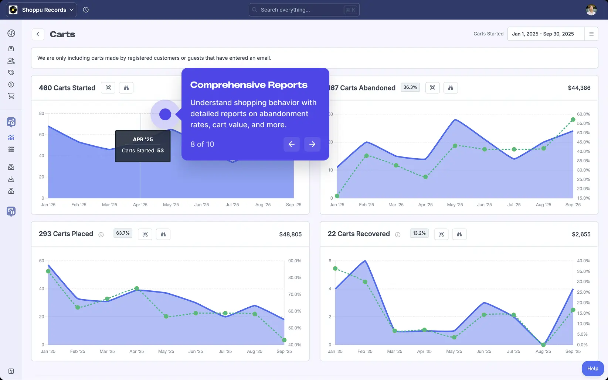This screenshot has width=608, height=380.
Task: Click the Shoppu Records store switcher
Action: click(x=41, y=10)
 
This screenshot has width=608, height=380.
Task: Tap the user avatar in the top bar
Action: click(x=591, y=10)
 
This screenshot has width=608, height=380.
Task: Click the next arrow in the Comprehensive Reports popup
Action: click(x=312, y=144)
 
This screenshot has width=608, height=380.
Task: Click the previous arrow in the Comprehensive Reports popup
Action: click(x=291, y=144)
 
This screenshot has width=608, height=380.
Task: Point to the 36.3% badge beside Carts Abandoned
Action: click(x=410, y=87)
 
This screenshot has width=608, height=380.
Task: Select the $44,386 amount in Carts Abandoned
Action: click(x=579, y=88)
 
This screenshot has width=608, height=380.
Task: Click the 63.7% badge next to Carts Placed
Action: click(x=123, y=233)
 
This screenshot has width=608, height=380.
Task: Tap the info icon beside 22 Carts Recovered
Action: click(x=398, y=235)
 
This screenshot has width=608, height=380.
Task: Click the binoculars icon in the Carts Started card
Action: click(x=126, y=88)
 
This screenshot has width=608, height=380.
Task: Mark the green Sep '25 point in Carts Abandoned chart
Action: click(x=573, y=120)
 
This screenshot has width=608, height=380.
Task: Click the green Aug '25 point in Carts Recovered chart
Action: click(x=543, y=345)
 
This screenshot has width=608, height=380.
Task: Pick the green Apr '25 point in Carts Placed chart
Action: click(x=137, y=289)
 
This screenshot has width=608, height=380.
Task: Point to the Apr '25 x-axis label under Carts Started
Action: click(x=140, y=205)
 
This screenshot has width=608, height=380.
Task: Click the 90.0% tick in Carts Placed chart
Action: click(x=295, y=261)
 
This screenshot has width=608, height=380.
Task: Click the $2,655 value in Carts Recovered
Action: click(x=581, y=234)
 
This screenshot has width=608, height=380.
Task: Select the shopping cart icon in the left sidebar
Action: click(x=11, y=96)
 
